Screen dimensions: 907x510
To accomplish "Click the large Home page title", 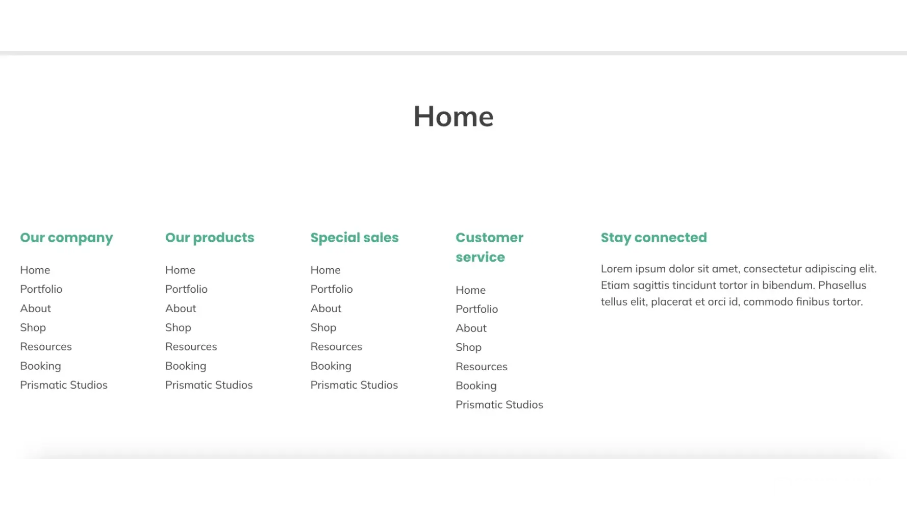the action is (453, 116).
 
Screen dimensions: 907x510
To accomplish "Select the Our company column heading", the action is (67, 238).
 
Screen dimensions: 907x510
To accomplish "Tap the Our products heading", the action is (210, 238).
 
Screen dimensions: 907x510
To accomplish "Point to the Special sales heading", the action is (355, 238).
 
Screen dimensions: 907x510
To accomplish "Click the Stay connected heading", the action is (654, 238).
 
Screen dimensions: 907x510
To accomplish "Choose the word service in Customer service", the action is (481, 257).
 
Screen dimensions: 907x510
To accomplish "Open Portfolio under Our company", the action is (41, 289).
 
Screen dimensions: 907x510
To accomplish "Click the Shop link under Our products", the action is (178, 328).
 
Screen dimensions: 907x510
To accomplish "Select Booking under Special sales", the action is (331, 366).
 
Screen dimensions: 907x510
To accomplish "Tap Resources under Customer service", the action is (482, 367).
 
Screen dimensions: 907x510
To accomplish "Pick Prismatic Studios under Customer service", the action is (499, 405).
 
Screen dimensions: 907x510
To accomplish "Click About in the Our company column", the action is (36, 309).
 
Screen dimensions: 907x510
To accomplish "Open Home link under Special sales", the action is (325, 270).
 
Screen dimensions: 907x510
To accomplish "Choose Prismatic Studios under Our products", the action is (209, 385).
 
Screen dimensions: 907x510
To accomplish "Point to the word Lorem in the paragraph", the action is (617, 269).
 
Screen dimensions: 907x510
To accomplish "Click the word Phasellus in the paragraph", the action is (842, 285).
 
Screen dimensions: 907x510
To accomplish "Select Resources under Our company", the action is (46, 347).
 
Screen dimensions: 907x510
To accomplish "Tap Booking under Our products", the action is (186, 366).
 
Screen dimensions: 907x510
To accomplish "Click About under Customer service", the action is (471, 328).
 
